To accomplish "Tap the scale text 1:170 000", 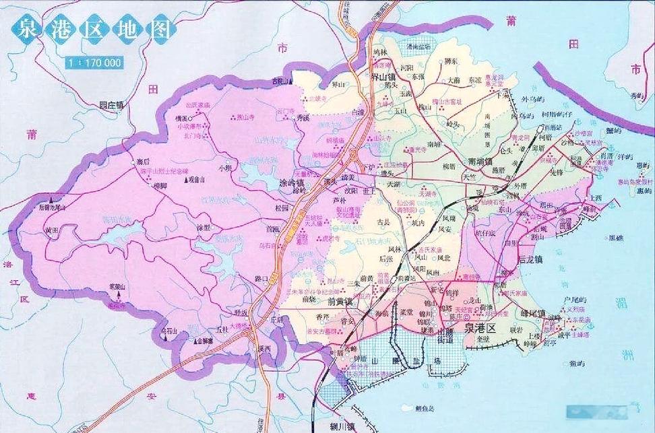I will pos(94,63).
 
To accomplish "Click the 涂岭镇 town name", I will pos(292,182).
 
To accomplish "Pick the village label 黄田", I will pos(53,230).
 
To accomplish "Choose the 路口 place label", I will pos(262,277).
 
